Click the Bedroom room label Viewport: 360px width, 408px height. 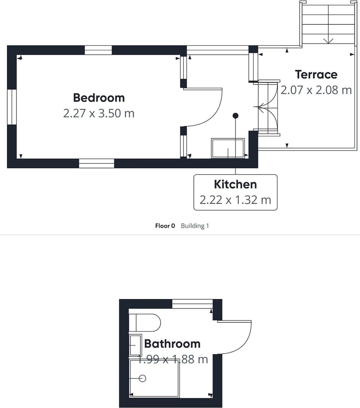click(99, 98)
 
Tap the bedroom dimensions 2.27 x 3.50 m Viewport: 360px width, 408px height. click(99, 113)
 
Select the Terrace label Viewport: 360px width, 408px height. click(316, 75)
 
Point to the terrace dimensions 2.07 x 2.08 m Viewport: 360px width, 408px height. click(316, 90)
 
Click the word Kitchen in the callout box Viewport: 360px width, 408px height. click(235, 184)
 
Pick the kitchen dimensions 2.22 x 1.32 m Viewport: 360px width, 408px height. click(235, 200)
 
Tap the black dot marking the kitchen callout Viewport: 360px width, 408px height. click(235, 115)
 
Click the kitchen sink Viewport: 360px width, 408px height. click(228, 148)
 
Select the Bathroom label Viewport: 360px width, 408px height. click(172, 344)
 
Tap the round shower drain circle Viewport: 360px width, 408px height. click(142, 378)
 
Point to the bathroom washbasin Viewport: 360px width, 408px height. click(135, 345)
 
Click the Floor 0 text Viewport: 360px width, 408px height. click(165, 226)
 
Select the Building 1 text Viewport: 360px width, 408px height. click(195, 226)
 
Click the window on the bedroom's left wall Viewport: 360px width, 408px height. click(12, 107)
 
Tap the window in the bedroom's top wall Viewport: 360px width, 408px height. click(98, 50)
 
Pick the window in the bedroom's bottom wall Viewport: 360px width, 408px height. click(97, 163)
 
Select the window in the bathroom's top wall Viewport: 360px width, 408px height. click(193, 304)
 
